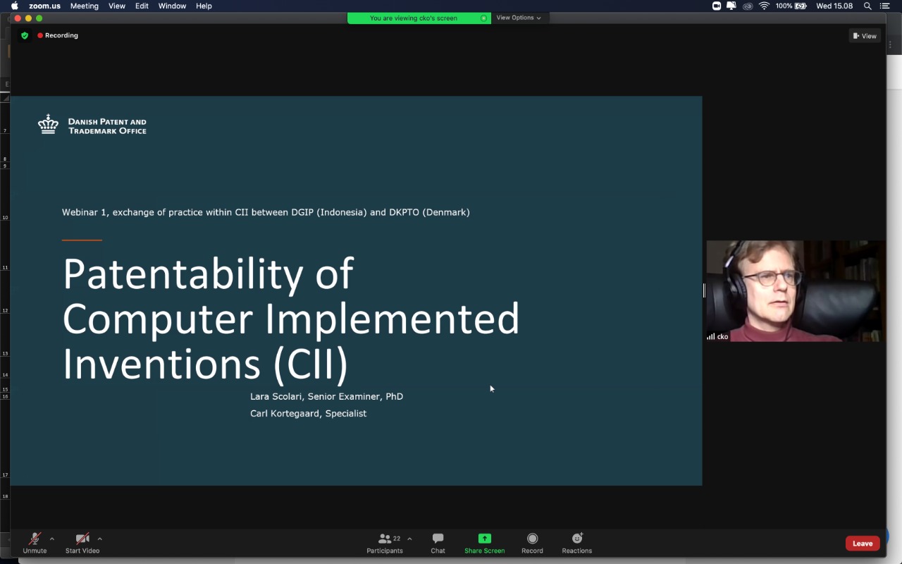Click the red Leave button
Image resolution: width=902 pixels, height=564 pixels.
pyautogui.click(x=862, y=543)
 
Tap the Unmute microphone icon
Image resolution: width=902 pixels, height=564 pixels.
pyautogui.click(x=35, y=538)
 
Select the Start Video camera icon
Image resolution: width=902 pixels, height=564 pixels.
pyautogui.click(x=82, y=538)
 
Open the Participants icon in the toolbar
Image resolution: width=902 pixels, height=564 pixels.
pyautogui.click(x=385, y=538)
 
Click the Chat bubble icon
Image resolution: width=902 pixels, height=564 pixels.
pyautogui.click(x=438, y=538)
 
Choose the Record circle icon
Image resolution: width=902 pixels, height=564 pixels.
pyautogui.click(x=532, y=538)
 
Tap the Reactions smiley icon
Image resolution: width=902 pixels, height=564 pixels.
pyautogui.click(x=577, y=538)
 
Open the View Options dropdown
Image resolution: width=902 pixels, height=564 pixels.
pyautogui.click(x=518, y=18)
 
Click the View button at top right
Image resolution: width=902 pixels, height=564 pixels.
pyautogui.click(x=865, y=36)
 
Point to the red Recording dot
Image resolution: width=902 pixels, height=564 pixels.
pyautogui.click(x=40, y=35)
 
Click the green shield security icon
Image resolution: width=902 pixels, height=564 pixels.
pyautogui.click(x=25, y=35)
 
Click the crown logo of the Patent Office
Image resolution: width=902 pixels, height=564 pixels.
pyautogui.click(x=49, y=124)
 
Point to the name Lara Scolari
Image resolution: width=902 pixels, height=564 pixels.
pyautogui.click(x=276, y=396)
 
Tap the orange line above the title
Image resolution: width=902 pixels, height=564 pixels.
pyautogui.click(x=82, y=240)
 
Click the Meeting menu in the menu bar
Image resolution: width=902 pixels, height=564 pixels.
pyautogui.click(x=84, y=6)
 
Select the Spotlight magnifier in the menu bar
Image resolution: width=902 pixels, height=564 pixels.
pyautogui.click(x=867, y=6)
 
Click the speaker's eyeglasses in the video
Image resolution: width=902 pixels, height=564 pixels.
pyautogui.click(x=771, y=278)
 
